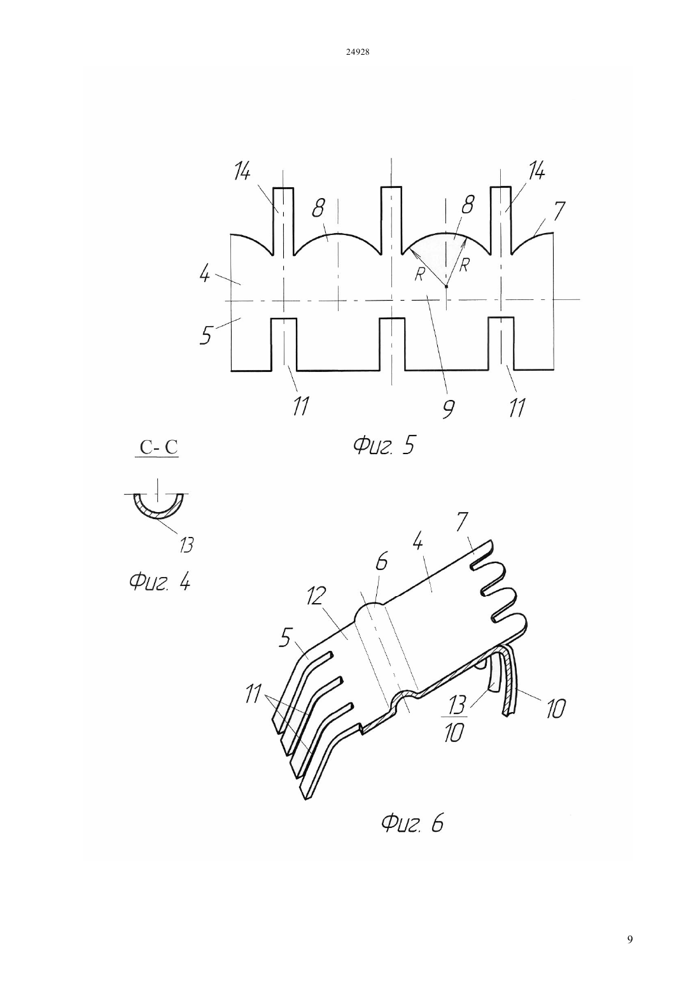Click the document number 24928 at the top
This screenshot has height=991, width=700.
coord(358,52)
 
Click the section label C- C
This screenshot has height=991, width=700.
coord(158,447)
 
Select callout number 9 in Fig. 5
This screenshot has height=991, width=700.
coord(447,410)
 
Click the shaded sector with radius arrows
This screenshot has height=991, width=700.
coord(445,252)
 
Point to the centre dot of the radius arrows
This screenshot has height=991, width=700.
coord(446,287)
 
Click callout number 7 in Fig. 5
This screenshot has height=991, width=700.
coord(559,211)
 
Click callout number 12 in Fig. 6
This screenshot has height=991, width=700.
coord(317,596)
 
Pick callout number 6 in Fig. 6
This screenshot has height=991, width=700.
coord(381,561)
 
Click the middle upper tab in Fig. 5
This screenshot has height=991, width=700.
coord(391,220)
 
